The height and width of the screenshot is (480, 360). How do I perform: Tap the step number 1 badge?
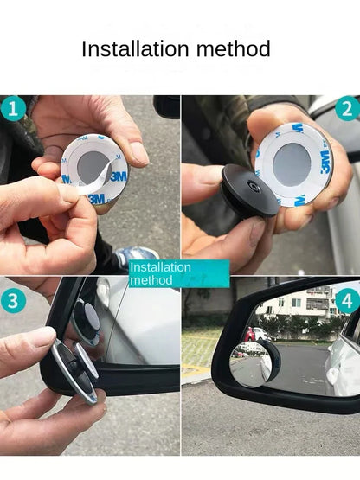click(12, 109)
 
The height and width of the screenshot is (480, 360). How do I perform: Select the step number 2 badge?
click(346, 109)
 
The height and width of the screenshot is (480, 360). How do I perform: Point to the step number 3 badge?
click(12, 302)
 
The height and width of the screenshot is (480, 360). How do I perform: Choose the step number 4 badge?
click(347, 301)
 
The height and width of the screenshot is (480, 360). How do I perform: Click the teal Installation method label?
click(178, 272)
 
